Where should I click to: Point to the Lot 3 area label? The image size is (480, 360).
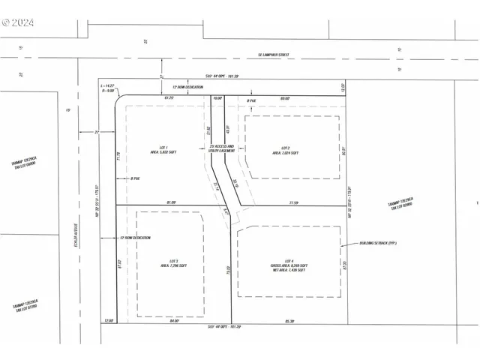(169, 263)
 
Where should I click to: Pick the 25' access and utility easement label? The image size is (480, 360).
(221, 148)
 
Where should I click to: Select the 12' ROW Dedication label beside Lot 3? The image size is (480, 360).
(135, 238)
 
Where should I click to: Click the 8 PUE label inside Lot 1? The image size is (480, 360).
(136, 178)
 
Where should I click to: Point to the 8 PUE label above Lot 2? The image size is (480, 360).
(252, 100)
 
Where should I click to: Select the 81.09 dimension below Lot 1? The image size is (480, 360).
(172, 202)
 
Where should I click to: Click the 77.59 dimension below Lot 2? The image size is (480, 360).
(294, 202)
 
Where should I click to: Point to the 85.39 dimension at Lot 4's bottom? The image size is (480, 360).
(289, 321)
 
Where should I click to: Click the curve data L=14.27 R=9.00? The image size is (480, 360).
(106, 90)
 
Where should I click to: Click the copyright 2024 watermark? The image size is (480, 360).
(18, 22)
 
